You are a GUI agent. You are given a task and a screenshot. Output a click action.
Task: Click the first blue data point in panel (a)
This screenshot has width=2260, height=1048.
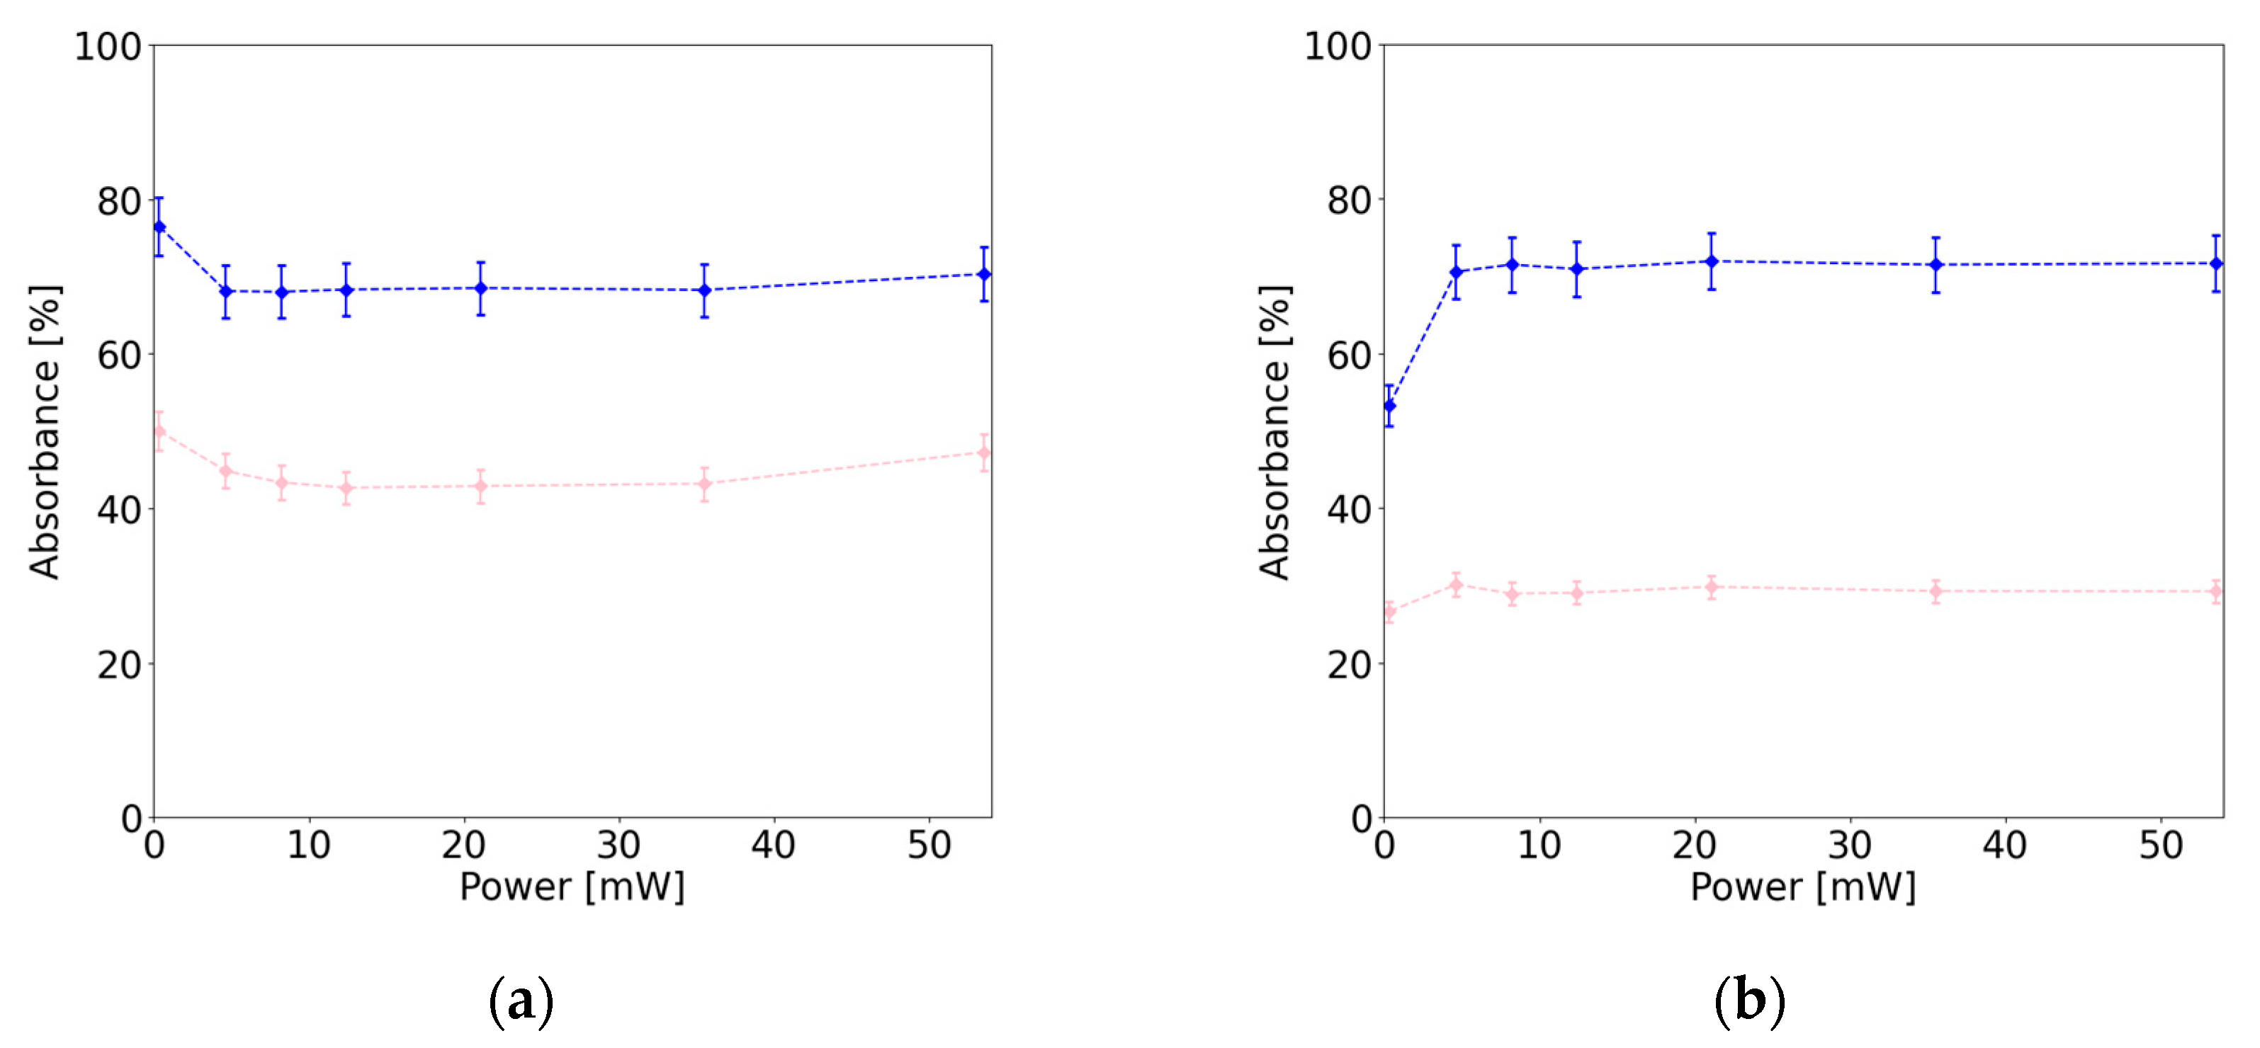pyautogui.click(x=159, y=227)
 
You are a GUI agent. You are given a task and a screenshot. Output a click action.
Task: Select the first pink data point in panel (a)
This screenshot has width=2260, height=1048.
pyautogui.click(x=159, y=431)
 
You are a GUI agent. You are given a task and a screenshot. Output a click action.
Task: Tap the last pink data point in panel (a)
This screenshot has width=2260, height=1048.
pyautogui.click(x=984, y=452)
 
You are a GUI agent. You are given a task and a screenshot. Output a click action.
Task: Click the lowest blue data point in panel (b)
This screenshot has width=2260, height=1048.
pyautogui.click(x=1389, y=405)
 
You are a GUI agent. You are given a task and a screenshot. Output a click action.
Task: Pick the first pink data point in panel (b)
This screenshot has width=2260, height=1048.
pyautogui.click(x=1389, y=612)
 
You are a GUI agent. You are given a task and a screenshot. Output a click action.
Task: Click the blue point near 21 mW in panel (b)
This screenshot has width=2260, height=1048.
pyautogui.click(x=1712, y=261)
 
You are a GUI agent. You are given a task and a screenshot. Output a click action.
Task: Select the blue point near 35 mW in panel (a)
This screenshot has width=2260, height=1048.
pyautogui.click(x=704, y=290)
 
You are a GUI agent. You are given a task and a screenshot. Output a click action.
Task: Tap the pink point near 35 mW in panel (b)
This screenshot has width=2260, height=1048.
pyautogui.click(x=1936, y=591)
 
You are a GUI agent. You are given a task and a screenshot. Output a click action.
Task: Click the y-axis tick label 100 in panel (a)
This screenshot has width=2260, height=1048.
pyautogui.click(x=108, y=47)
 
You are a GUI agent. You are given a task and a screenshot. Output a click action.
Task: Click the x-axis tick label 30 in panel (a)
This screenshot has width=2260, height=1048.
pyautogui.click(x=618, y=845)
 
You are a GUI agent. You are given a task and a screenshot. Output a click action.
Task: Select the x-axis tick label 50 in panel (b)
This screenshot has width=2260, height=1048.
pyautogui.click(x=2161, y=845)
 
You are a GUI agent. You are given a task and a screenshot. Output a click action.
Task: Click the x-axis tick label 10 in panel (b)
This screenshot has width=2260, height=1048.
pyautogui.click(x=1539, y=845)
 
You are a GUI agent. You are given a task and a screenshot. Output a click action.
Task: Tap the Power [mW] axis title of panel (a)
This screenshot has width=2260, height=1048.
pyautogui.click(x=572, y=887)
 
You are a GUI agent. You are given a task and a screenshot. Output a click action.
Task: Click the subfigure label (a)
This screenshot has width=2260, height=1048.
pyautogui.click(x=521, y=1001)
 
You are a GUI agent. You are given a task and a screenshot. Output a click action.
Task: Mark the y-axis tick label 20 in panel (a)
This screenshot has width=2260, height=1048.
pyautogui.click(x=119, y=666)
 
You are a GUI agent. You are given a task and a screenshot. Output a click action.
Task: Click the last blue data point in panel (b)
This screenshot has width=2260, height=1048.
pyautogui.click(x=2216, y=263)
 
